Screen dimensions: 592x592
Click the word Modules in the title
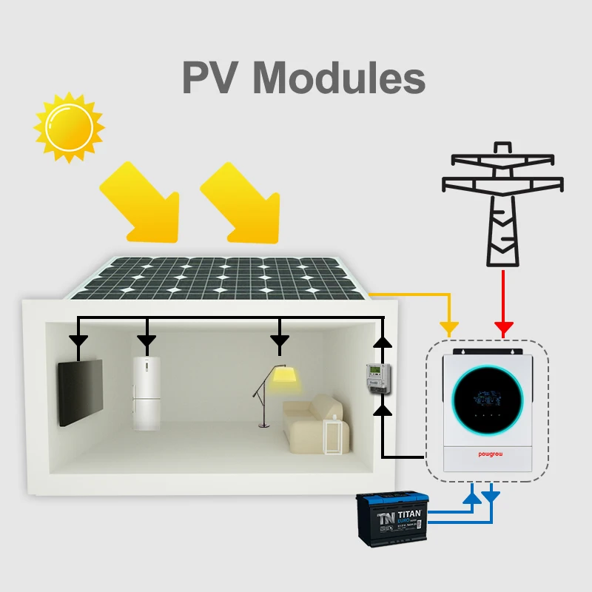344,79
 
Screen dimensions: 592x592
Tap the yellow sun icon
69,127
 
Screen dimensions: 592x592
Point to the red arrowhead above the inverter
504,327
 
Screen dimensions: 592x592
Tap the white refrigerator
147,393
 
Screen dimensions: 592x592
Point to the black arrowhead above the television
78,341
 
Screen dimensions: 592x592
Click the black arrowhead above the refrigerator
147,341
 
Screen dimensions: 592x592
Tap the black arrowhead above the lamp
279,341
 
